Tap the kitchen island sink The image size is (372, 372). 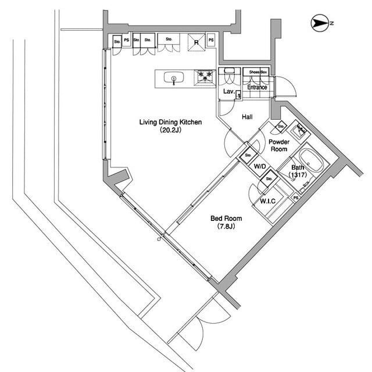tap(173, 78)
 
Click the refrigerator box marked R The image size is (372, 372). tap(197, 42)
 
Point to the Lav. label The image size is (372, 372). tap(228, 92)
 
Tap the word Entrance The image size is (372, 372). tap(256, 88)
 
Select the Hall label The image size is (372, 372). tap(247, 117)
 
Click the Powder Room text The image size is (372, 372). tap(278, 145)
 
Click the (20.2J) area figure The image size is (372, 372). tap(170, 131)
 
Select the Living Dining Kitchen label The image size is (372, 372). tap(170, 122)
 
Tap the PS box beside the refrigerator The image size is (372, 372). tap(211, 40)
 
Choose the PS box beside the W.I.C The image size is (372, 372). tap(296, 198)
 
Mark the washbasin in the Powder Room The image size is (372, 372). tap(300, 130)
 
